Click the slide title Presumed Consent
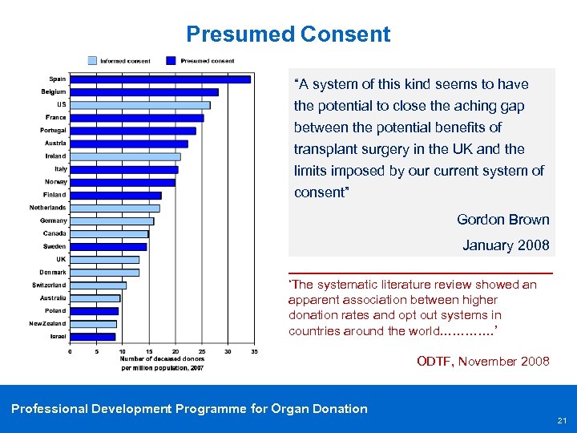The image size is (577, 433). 288,34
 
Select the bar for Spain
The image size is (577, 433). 159,79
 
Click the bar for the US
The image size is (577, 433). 139,105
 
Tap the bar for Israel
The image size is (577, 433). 93,337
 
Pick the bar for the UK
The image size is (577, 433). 104,260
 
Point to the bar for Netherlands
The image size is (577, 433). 115,208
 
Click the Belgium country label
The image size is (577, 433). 54,91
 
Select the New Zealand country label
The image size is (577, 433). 48,324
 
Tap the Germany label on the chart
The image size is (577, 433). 54,221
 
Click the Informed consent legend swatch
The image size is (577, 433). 92,60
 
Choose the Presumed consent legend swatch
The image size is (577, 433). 171,60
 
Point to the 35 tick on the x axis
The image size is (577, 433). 254,351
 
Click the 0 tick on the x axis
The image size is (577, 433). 70,351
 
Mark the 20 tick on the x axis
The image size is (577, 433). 175,351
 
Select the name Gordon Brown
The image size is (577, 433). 502,220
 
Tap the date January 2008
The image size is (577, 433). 506,245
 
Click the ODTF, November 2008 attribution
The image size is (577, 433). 483,362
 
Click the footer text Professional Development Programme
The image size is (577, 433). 189,409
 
